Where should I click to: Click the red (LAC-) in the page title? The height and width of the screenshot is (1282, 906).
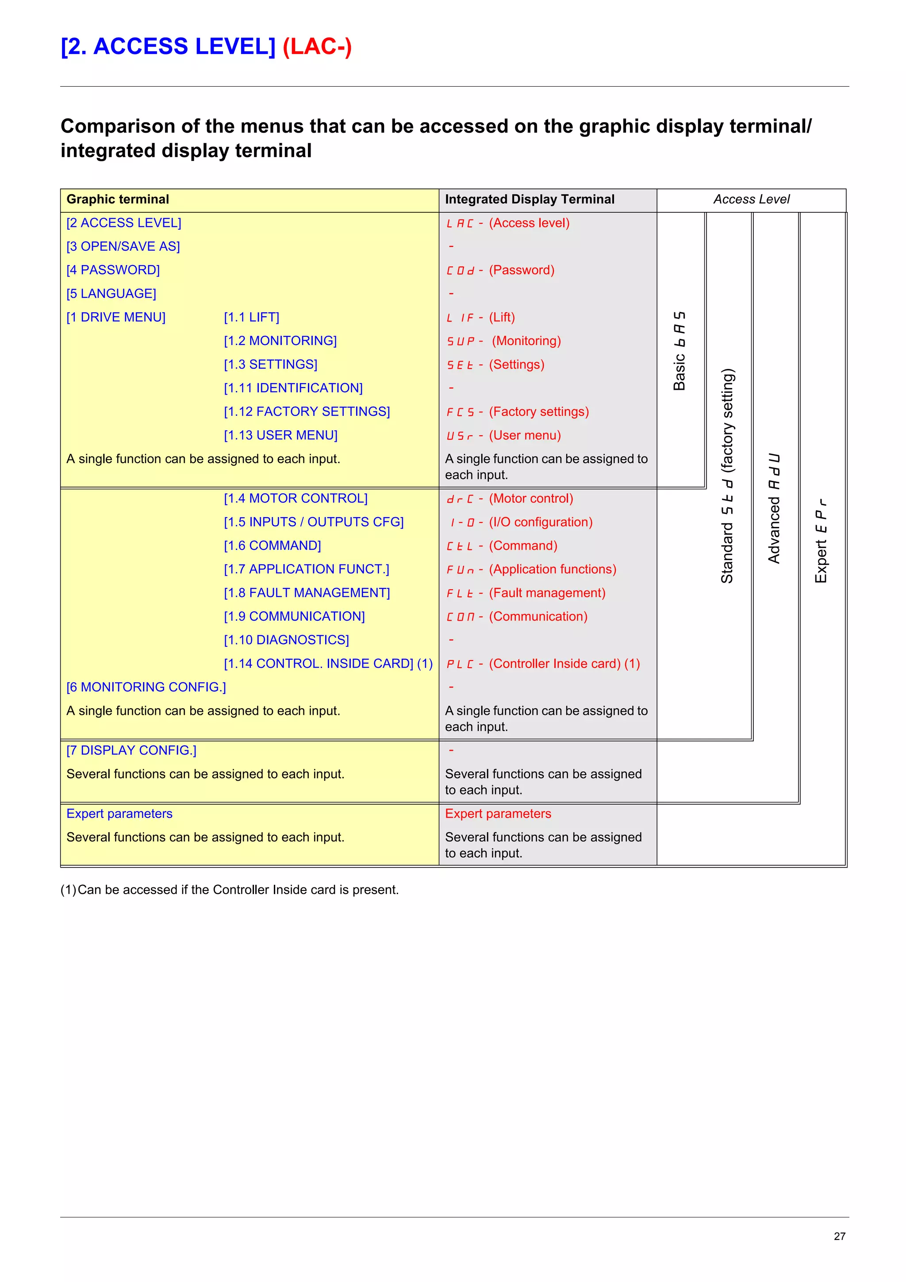click(317, 47)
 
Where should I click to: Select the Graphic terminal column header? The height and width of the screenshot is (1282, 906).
click(118, 200)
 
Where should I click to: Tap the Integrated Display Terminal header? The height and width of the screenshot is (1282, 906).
click(529, 200)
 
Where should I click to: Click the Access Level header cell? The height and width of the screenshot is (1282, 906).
click(751, 200)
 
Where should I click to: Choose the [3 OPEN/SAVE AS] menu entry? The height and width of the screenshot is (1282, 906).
click(123, 246)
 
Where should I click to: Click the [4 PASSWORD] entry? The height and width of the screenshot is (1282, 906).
click(113, 270)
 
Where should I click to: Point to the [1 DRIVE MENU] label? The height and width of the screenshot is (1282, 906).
click(115, 317)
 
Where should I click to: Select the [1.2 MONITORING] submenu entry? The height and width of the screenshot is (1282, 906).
click(280, 341)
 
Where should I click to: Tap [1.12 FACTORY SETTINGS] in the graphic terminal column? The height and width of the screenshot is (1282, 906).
click(307, 411)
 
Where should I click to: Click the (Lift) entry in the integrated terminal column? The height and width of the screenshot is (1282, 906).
click(502, 317)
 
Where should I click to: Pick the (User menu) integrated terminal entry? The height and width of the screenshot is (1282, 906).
click(525, 436)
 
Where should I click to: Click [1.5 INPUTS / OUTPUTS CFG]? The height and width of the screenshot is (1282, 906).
click(313, 522)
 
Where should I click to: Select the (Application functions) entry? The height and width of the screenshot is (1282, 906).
click(553, 569)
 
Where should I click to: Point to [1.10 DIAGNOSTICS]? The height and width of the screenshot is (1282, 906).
click(286, 640)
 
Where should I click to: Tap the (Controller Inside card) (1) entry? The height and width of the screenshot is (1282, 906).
click(564, 664)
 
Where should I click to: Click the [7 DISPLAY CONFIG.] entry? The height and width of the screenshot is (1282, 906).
click(131, 750)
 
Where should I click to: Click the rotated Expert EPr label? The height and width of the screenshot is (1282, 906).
click(821, 541)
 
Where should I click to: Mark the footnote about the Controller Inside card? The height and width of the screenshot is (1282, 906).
click(230, 890)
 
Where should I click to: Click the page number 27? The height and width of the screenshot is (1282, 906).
click(839, 1236)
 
